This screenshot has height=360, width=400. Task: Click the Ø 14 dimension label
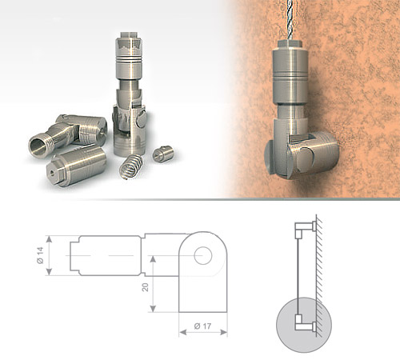tap(40, 255)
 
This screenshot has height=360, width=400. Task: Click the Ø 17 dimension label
tap(202, 326)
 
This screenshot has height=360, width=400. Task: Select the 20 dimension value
tap(146, 287)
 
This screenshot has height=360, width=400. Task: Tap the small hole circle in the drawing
tap(203, 255)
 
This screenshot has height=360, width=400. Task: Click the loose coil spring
tap(131, 166)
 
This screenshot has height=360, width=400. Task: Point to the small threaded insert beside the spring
tap(163, 154)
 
